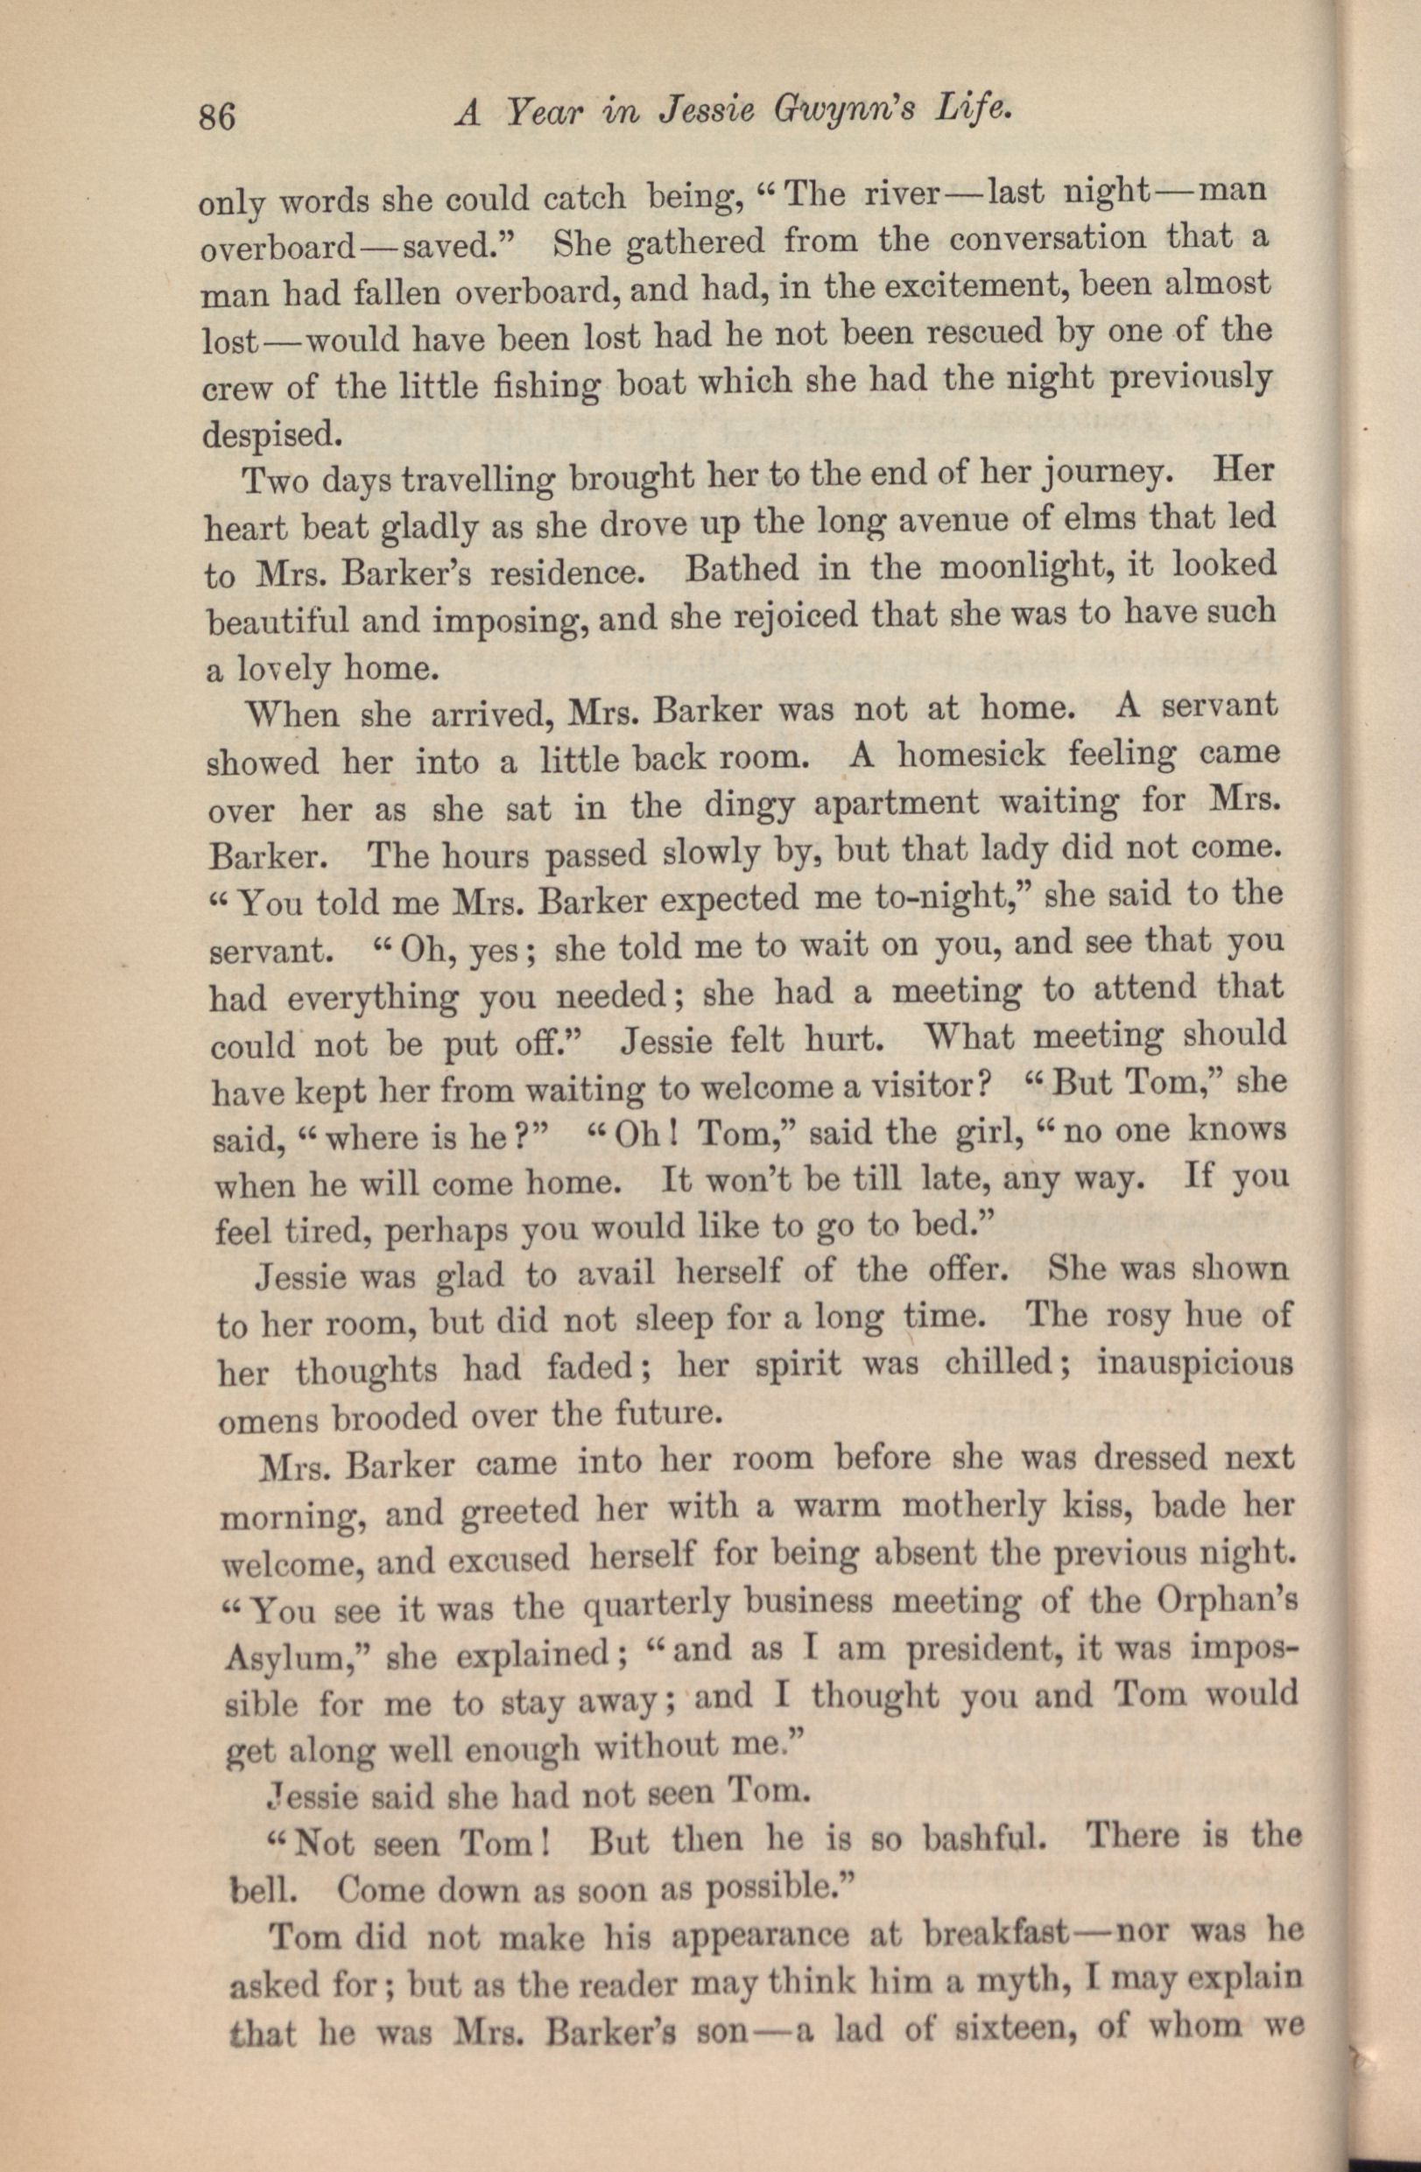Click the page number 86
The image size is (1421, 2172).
[x=217, y=117]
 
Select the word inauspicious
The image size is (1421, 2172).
[x=1196, y=1363]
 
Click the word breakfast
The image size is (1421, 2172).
[x=995, y=1931]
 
